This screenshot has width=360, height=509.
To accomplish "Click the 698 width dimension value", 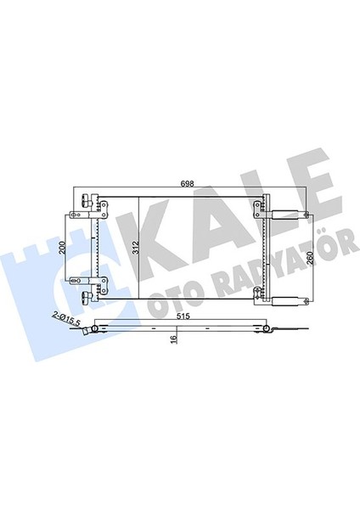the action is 187,184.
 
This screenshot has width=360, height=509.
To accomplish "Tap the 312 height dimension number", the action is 136,248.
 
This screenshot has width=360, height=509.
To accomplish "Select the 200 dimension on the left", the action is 63,248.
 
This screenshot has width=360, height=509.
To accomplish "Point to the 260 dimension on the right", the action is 309,258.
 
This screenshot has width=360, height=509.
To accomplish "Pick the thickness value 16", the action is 174,338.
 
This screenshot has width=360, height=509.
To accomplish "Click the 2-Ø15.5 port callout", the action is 66,318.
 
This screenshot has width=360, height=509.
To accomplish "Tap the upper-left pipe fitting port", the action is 86,200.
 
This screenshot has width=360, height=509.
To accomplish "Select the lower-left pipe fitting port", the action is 86,296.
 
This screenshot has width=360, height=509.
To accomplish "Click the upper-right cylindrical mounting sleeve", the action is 284,215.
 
